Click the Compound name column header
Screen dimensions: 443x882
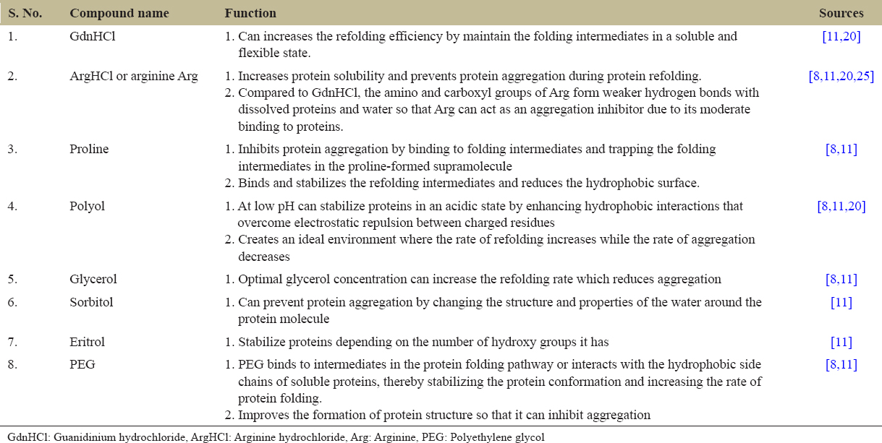(x=119, y=13)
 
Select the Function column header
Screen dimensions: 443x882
(x=250, y=13)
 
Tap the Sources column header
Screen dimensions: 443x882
(x=841, y=13)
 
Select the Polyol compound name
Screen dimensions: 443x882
(x=87, y=206)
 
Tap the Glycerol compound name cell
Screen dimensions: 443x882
(x=93, y=279)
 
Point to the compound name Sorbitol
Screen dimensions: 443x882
(x=91, y=302)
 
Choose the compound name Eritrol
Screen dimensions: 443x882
(x=89, y=342)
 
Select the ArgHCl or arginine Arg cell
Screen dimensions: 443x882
(x=133, y=76)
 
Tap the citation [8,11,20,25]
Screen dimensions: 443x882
(x=841, y=76)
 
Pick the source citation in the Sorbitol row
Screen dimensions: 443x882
(x=841, y=302)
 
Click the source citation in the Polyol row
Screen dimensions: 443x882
(x=841, y=206)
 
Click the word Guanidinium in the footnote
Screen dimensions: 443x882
(x=79, y=436)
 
